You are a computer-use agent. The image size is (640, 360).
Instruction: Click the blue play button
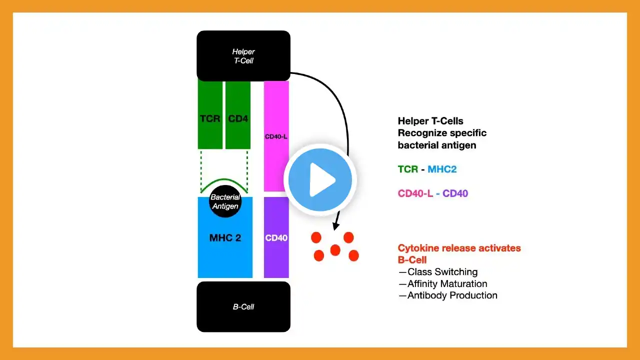point(320,179)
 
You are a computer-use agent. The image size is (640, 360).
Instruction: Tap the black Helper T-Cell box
point(243,55)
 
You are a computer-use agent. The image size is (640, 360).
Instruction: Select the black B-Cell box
point(243,306)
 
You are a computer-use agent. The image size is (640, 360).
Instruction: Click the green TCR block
point(210,115)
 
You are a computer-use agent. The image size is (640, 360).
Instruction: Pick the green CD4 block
point(237,115)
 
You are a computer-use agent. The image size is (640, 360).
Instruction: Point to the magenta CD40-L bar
point(276,136)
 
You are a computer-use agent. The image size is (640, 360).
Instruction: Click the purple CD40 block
point(276,237)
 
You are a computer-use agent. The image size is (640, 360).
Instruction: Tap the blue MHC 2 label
point(225,237)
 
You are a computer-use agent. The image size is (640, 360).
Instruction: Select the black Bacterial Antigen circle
point(225,201)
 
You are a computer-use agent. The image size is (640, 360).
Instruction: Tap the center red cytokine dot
point(335,250)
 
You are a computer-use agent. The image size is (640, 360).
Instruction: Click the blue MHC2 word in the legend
point(442,169)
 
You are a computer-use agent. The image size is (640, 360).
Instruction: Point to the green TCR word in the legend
point(408,169)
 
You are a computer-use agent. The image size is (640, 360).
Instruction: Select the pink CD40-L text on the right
point(415,193)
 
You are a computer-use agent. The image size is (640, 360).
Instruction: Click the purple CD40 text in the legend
point(455,193)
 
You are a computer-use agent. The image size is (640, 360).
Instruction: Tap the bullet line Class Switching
point(438,271)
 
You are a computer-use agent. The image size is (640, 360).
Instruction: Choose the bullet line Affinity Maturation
point(443,283)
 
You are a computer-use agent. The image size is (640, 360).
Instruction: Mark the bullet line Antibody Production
point(448,295)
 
